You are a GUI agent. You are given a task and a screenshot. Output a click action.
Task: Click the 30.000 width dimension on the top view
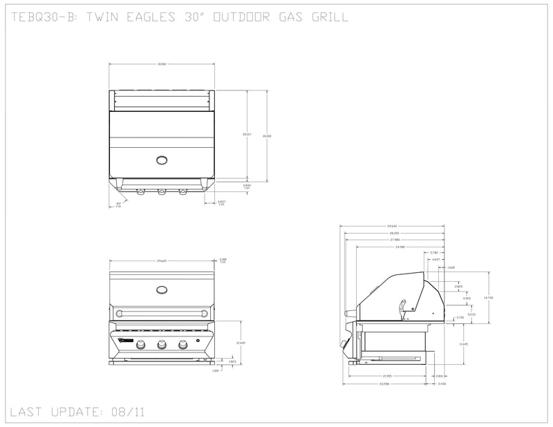click(161, 64)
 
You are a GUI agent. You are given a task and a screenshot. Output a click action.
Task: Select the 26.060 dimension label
click(268, 136)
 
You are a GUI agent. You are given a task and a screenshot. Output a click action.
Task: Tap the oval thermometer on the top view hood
click(162, 161)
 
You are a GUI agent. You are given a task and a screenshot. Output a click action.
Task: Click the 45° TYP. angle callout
click(118, 205)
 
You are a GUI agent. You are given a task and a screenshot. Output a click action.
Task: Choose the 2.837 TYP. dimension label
click(221, 203)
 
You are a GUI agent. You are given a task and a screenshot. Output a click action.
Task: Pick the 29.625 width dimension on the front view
click(161, 260)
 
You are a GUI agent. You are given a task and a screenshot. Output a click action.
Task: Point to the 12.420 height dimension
click(241, 343)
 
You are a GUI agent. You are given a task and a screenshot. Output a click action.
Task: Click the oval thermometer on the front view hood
click(162, 290)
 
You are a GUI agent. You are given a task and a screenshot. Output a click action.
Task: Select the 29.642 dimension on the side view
click(393, 226)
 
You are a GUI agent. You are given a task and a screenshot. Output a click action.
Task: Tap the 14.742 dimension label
click(488, 297)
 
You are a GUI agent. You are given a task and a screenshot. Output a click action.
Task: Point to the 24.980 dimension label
click(400, 247)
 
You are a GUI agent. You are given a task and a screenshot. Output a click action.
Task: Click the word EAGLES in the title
click(145, 17)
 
